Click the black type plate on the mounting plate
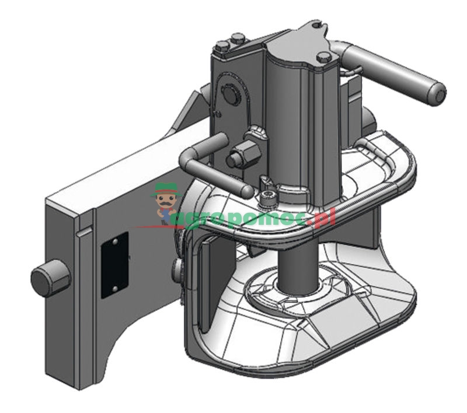pos(114,265)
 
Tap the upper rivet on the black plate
pos(115,242)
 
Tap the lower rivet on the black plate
pos(114,288)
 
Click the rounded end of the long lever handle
pos(437,94)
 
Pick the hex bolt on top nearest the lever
pos(324,57)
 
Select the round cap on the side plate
pos(231,94)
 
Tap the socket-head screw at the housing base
pos(267,198)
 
